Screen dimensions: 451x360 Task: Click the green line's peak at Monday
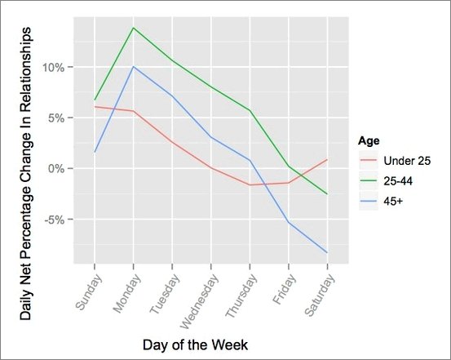(x=133, y=28)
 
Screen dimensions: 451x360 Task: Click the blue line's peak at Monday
(x=133, y=66)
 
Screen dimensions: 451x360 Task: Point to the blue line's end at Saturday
(x=327, y=252)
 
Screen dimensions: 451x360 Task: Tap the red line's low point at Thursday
(x=250, y=184)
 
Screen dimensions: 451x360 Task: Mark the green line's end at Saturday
(x=327, y=193)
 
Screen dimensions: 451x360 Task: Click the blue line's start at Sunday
(x=95, y=152)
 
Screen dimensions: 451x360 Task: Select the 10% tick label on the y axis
(x=53, y=68)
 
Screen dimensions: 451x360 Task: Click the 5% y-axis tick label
(x=56, y=118)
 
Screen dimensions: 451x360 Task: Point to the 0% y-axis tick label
(x=56, y=168)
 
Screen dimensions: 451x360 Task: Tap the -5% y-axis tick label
(x=54, y=220)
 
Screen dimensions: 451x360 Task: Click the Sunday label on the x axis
(x=89, y=292)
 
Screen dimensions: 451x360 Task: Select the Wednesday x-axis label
(x=198, y=301)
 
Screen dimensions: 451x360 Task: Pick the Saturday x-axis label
(x=320, y=296)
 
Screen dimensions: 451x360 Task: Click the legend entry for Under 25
(x=395, y=161)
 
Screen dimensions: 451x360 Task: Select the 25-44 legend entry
(x=386, y=181)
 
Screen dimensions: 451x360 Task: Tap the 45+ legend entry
(x=381, y=202)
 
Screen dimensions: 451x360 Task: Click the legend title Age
(x=369, y=141)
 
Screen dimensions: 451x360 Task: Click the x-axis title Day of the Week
(x=195, y=344)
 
